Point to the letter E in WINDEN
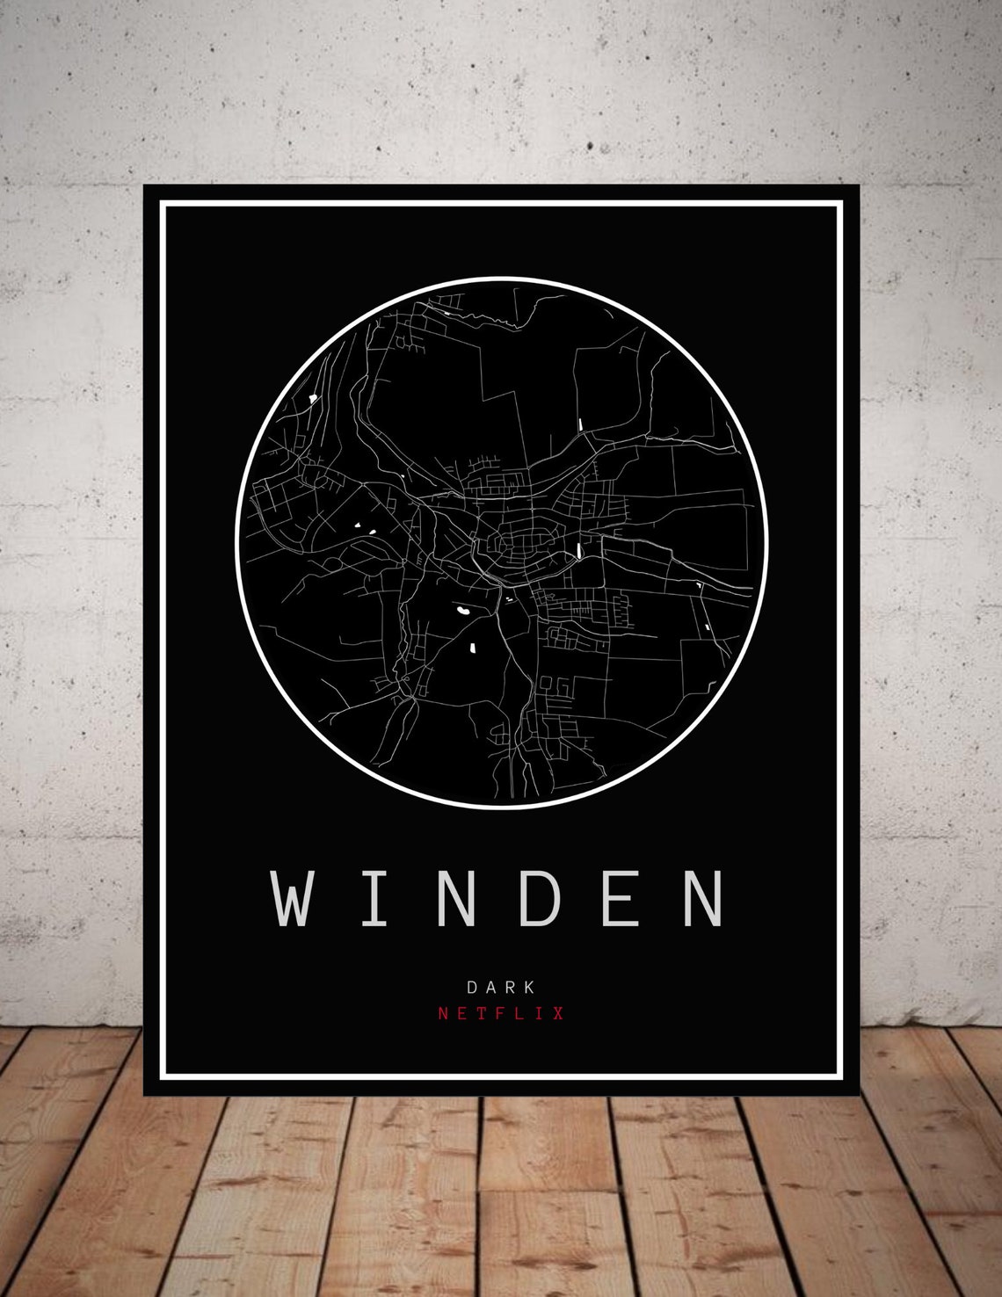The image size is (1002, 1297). [621, 898]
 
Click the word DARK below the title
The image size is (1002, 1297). [501, 988]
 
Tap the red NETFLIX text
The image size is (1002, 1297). [501, 1013]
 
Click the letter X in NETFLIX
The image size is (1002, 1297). [558, 1013]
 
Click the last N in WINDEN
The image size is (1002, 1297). [703, 898]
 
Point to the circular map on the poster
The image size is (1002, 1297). [502, 542]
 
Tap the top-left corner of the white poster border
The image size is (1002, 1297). [162, 203]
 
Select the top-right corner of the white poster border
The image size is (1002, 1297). [841, 203]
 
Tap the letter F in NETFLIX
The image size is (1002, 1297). [501, 1013]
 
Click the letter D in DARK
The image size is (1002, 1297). [473, 988]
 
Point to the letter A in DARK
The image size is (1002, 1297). [491, 988]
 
